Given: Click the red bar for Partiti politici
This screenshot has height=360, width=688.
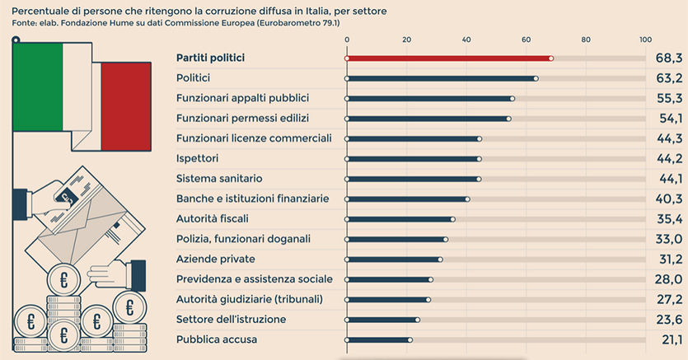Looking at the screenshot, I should (x=449, y=58).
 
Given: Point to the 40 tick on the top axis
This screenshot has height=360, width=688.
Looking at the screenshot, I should (x=466, y=40).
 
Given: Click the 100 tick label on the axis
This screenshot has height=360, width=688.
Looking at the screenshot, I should (x=646, y=40).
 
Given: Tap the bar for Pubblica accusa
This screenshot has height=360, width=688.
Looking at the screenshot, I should (x=378, y=339).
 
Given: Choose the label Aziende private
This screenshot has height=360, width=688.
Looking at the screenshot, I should (x=217, y=259).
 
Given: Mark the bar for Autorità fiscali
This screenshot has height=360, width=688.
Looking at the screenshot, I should (x=400, y=219).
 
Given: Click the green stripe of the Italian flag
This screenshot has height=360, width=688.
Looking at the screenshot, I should (x=37, y=86).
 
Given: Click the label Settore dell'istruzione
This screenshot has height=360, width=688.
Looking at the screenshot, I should (x=232, y=319).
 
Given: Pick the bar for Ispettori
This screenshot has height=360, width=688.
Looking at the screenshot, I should (x=413, y=158).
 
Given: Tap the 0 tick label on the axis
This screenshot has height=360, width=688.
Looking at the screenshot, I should (x=347, y=40).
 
